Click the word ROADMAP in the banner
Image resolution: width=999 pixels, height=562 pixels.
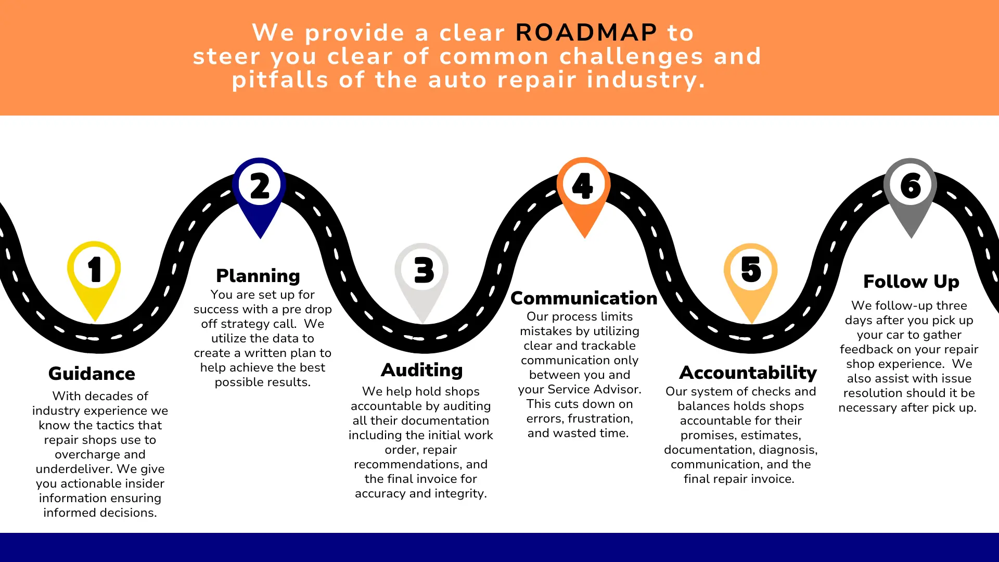coord(586,33)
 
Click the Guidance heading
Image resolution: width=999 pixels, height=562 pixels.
coord(92,374)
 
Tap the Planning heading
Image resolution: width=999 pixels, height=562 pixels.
coord(258,276)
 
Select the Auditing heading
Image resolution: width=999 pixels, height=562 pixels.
coord(421,370)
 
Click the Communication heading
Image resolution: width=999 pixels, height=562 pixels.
coord(584,298)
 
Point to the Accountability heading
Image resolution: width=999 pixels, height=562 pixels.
coord(748,373)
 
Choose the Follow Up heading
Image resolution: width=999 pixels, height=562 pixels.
coord(911,282)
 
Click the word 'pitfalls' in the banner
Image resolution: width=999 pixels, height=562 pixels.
coord(279,80)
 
